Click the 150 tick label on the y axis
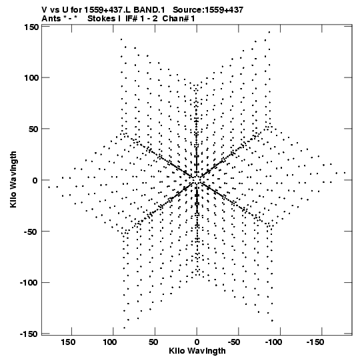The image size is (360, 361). (x=31, y=27)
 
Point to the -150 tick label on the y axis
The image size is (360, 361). (x=29, y=334)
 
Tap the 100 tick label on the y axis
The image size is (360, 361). (x=31, y=78)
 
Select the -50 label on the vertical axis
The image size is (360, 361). (x=31, y=232)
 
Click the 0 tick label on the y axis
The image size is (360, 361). (x=35, y=180)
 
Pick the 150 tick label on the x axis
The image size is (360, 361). (x=68, y=342)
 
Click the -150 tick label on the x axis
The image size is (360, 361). (x=315, y=342)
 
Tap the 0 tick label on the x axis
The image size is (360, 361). (x=197, y=342)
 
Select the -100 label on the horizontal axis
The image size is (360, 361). (x=273, y=342)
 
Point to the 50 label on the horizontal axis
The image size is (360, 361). (x=153, y=342)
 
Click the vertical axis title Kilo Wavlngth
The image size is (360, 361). (x=13, y=179)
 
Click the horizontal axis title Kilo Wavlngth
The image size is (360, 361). (x=197, y=351)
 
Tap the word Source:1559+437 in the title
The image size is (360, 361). (x=208, y=9)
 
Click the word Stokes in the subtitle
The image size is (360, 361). (x=101, y=19)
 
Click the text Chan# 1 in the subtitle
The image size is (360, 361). (x=179, y=19)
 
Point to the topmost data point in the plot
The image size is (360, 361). (x=269, y=32)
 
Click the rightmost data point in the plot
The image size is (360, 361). (x=345, y=173)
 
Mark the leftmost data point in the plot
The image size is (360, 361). (x=49, y=188)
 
